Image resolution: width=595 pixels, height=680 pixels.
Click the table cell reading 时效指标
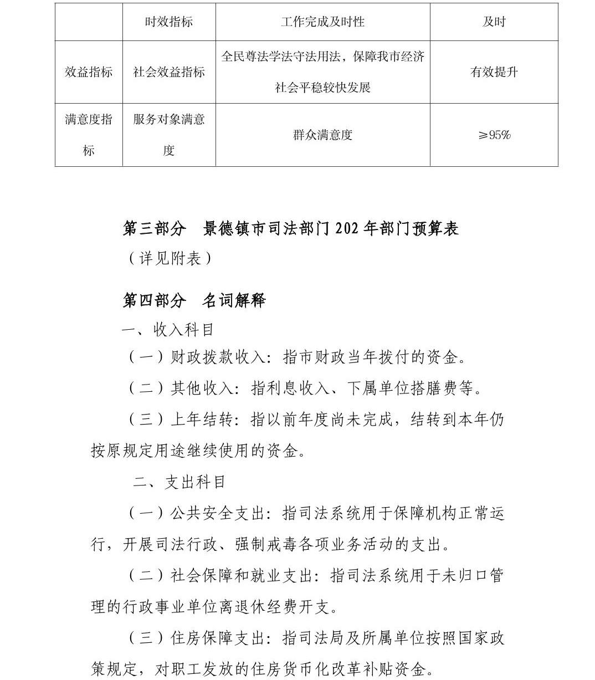point(169,22)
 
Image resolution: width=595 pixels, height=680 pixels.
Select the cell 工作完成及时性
point(322,22)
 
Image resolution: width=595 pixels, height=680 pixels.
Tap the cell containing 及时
point(494,22)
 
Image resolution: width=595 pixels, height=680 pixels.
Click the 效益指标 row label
point(89,72)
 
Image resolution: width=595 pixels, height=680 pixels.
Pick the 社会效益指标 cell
point(169,72)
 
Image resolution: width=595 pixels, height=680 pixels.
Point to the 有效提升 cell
point(494,72)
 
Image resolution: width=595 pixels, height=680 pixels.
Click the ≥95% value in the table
point(494,135)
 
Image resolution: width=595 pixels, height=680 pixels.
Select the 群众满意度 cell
point(322,135)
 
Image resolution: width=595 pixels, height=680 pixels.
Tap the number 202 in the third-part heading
point(348,229)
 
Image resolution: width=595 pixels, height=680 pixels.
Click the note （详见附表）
point(170,258)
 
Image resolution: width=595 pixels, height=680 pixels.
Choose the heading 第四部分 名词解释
point(194,300)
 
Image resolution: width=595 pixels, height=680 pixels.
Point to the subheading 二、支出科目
point(179,482)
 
